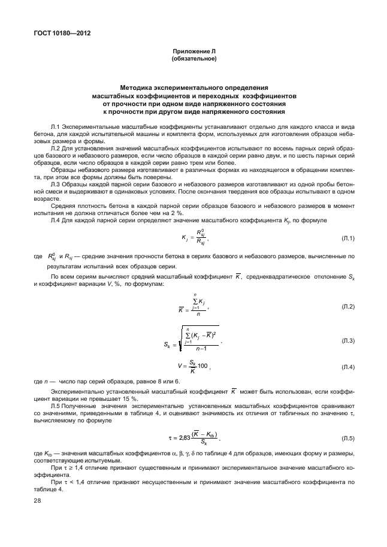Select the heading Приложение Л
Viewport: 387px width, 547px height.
click(x=193, y=53)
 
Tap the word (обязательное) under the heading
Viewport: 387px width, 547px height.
click(x=193, y=59)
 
